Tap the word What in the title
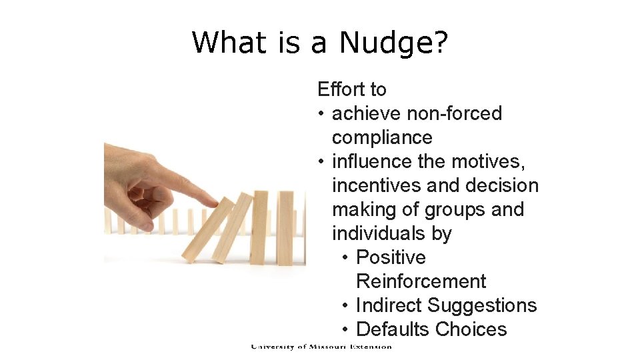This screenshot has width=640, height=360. [x=226, y=43]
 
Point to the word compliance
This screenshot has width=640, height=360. [x=382, y=137]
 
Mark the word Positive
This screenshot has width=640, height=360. [x=391, y=257]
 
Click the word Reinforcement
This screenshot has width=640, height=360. [x=421, y=281]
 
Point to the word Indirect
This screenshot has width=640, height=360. [x=389, y=305]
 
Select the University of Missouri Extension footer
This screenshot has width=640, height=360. [x=321, y=347]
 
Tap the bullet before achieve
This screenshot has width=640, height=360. [x=321, y=114]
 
